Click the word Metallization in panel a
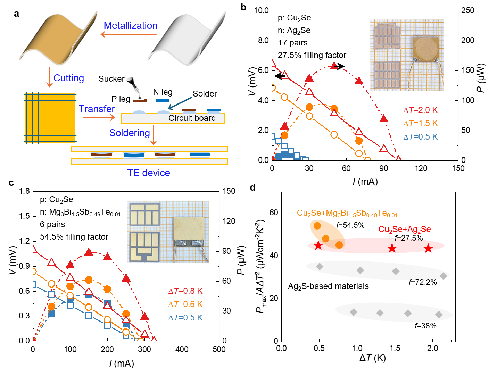(x=131, y=26)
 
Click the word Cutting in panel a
(x=69, y=78)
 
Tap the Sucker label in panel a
(x=111, y=79)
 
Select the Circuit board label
(x=192, y=118)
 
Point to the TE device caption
(x=149, y=173)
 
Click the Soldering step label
(x=130, y=133)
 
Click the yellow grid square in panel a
(x=50, y=118)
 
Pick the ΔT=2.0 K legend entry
(x=421, y=110)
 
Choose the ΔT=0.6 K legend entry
(x=185, y=305)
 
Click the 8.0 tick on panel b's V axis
(x=263, y=41)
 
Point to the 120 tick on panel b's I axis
(x=421, y=169)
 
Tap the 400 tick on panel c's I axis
(x=182, y=349)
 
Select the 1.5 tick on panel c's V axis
(x=24, y=216)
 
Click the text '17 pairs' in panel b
(x=293, y=43)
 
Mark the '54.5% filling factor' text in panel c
(x=74, y=237)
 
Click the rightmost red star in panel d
(x=428, y=248)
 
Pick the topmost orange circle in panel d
(x=317, y=226)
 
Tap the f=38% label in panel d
(x=425, y=326)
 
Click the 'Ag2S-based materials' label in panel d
(x=328, y=286)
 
